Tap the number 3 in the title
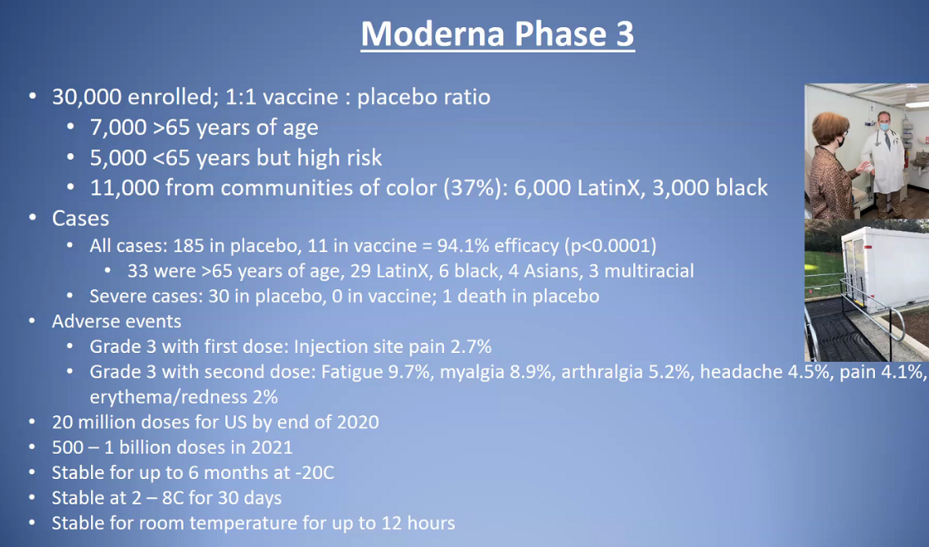(624, 34)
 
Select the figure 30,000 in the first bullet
(87, 97)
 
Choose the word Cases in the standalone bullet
(80, 219)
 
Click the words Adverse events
(116, 322)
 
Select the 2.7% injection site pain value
(471, 346)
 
